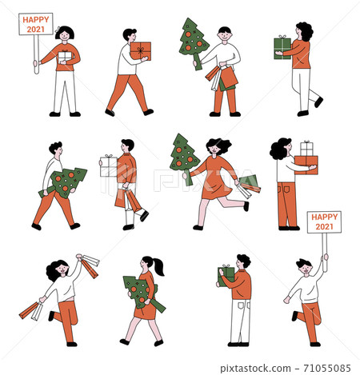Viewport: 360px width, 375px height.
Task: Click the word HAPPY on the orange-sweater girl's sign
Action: [35, 19]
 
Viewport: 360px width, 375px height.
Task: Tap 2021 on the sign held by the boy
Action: [323, 226]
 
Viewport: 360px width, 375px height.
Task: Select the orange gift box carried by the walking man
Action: [141, 50]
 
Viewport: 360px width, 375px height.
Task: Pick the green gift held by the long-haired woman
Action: [282, 48]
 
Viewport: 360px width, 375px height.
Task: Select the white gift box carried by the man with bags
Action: [108, 166]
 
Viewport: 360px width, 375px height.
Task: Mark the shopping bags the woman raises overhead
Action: [88, 265]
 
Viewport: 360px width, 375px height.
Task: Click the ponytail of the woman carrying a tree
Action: [159, 266]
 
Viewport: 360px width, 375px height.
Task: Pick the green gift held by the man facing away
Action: [226, 274]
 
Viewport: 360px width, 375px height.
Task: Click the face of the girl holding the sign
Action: [65, 36]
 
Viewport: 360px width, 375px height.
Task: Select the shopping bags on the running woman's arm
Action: [249, 186]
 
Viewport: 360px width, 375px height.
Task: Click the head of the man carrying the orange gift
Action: [130, 35]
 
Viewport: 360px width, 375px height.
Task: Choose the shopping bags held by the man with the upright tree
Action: [222, 78]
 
